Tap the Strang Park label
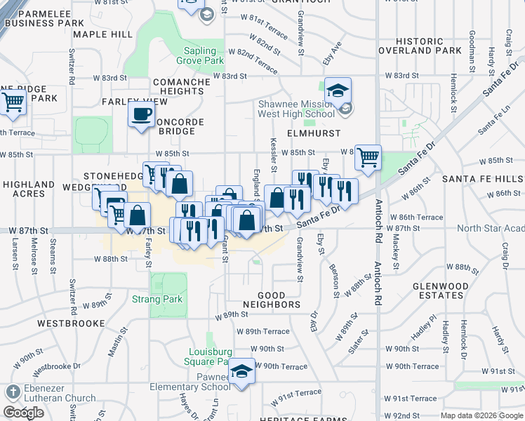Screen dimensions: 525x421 tap(157, 299)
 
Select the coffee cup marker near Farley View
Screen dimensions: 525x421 tap(141, 114)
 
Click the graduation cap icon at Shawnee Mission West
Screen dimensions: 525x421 tap(338, 91)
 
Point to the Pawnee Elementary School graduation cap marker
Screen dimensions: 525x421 tap(241, 371)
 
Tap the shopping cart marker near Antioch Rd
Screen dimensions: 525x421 tap(367, 158)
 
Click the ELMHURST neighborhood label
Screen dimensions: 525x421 tap(313, 133)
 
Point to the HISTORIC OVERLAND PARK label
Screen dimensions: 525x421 tap(420, 46)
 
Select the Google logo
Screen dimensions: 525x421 tap(23, 413)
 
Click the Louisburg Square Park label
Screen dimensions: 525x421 tap(208, 356)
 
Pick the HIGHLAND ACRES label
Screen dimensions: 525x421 tap(29, 189)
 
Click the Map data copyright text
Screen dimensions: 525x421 tap(481, 415)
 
